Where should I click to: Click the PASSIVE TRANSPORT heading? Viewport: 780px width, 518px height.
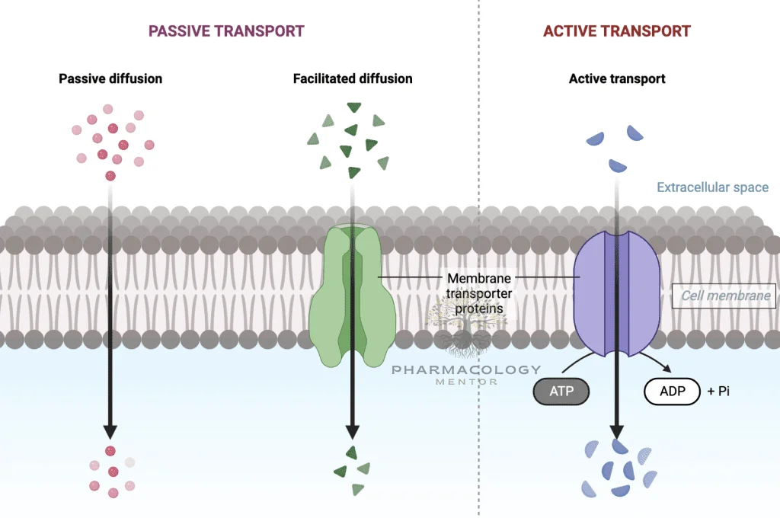[226, 31]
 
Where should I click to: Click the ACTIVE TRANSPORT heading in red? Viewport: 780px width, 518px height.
[616, 31]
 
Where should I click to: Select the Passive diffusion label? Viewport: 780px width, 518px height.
[110, 78]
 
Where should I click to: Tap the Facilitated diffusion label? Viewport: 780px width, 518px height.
[353, 78]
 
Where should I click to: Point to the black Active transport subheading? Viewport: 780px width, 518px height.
[617, 78]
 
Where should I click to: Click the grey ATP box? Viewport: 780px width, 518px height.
[561, 392]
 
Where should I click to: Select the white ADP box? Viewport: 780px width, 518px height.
[672, 392]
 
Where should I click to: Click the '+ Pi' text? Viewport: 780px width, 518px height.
[720, 392]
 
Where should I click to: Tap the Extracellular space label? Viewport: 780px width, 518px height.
[712, 187]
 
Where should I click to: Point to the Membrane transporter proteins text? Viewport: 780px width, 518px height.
[478, 293]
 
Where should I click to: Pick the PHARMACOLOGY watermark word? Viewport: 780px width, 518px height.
[466, 369]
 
